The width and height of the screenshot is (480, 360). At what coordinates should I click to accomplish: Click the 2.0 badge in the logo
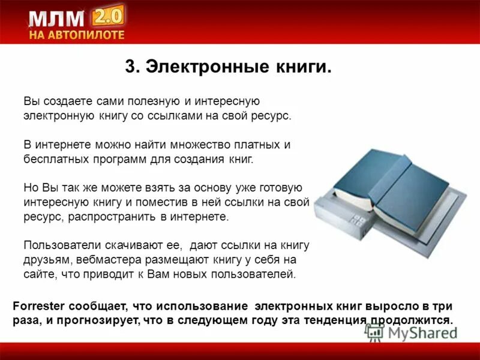coord(107,13)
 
